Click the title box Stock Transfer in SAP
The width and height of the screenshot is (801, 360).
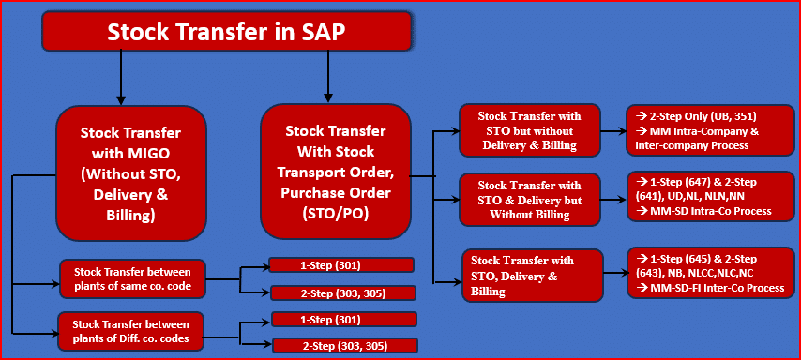pos(226,32)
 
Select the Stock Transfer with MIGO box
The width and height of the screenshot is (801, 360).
pos(130,173)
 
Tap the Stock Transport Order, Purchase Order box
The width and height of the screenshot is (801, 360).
pos(335,172)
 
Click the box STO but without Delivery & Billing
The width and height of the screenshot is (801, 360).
pos(529,130)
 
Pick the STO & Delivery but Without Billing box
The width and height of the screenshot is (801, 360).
pos(529,199)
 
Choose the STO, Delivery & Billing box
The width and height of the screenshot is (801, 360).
pos(531,276)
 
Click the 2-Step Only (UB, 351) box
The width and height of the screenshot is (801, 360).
pos(711,130)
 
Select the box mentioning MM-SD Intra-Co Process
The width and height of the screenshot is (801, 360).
pos(711,197)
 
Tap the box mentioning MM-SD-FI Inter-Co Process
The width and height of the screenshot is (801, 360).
pos(711,273)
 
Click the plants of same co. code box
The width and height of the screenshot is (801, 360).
pos(132,278)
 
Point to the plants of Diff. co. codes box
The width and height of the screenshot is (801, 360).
pos(130,331)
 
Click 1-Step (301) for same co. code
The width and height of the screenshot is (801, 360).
pos(340,265)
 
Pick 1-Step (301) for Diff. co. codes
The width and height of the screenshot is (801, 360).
pos(344,320)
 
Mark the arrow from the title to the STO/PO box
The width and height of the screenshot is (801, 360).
pos(328,77)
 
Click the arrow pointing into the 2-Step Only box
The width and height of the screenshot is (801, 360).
pos(613,131)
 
